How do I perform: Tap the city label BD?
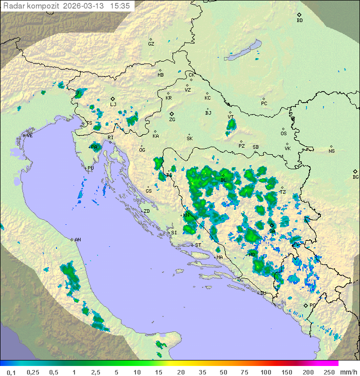pyautogui.click(x=299, y=21)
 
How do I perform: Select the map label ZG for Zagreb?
pyautogui.click(x=172, y=120)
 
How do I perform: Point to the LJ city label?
pyautogui.click(x=113, y=105)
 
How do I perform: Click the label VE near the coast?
pyautogui.click(x=29, y=136)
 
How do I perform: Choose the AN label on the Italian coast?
pyautogui.click(x=77, y=240)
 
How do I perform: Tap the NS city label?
pyautogui.click(x=331, y=151)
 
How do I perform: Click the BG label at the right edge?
pyautogui.click(x=355, y=177)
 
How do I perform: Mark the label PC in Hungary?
pyautogui.click(x=264, y=104)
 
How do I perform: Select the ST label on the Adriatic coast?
pyautogui.click(x=198, y=245)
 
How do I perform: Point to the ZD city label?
pyautogui.click(x=146, y=211)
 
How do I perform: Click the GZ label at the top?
pyautogui.click(x=151, y=44)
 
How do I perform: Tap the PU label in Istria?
pyautogui.click(x=90, y=168)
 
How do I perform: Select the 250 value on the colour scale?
pyautogui.click(x=329, y=372)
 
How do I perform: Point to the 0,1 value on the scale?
pyautogui.click(x=11, y=372)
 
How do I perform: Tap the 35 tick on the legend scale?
pyautogui.click(x=202, y=372)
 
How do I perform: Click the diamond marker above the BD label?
pyautogui.click(x=299, y=15)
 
